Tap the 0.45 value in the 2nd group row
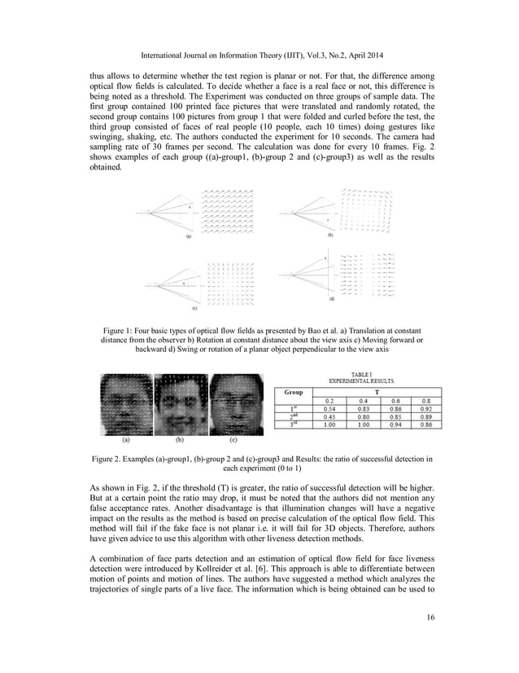pyautogui.click(x=331, y=416)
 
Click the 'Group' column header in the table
pyautogui.click(x=294, y=392)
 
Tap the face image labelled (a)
pyautogui.click(x=125, y=405)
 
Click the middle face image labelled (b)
pyautogui.click(x=181, y=405)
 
